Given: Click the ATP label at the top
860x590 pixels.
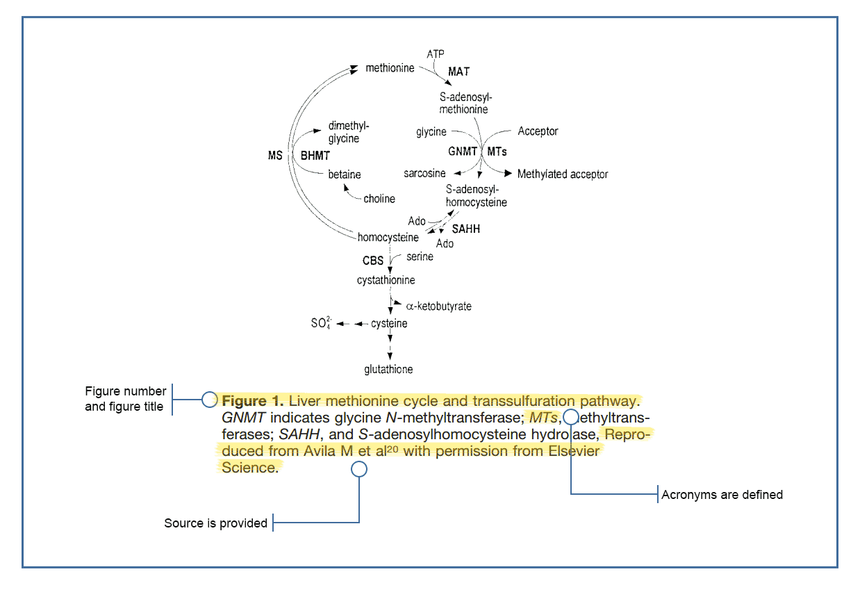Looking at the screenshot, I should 436,54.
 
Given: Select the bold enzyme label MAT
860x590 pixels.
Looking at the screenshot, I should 458,72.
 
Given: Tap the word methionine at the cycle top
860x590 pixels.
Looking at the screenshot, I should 390,68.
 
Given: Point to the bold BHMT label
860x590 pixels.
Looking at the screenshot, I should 315,156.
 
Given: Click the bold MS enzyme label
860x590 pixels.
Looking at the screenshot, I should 275,156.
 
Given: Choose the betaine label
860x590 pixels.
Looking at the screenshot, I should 345,174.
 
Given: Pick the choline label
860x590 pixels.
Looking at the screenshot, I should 379,199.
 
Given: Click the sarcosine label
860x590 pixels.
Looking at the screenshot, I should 424,173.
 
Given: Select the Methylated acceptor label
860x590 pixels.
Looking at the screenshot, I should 563,174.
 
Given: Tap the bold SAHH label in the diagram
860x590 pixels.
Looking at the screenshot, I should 466,229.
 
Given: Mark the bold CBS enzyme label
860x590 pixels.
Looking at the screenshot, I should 373,261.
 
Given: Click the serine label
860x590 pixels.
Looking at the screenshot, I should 420,256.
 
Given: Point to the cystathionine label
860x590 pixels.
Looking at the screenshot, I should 386,280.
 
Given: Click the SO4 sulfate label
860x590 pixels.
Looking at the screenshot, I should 321,324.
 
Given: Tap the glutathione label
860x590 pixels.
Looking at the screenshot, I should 389,370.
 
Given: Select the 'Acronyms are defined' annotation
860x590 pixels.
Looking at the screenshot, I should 722,495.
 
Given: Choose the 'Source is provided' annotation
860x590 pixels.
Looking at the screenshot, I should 215,523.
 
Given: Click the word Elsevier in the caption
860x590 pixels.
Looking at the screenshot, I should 568,451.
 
